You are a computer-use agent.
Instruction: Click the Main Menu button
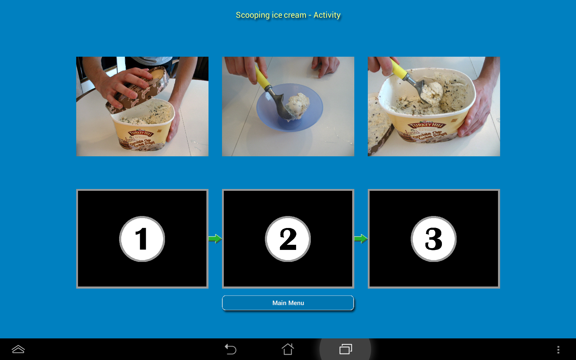[288, 303]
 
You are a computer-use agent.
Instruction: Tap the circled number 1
[142, 239]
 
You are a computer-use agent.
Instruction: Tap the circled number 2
[288, 239]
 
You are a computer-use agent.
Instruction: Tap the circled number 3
[433, 239]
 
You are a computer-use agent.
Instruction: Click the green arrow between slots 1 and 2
[215, 239]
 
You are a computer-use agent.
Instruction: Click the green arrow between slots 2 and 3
[361, 239]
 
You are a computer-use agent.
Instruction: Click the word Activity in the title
[327, 15]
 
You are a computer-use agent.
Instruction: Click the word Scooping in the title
[253, 15]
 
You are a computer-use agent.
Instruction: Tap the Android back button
[231, 349]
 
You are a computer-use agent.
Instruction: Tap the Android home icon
[288, 349]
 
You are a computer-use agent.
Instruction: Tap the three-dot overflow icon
[558, 349]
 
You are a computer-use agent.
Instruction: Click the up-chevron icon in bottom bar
[18, 349]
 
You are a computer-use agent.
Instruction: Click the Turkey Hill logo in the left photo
[140, 133]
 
